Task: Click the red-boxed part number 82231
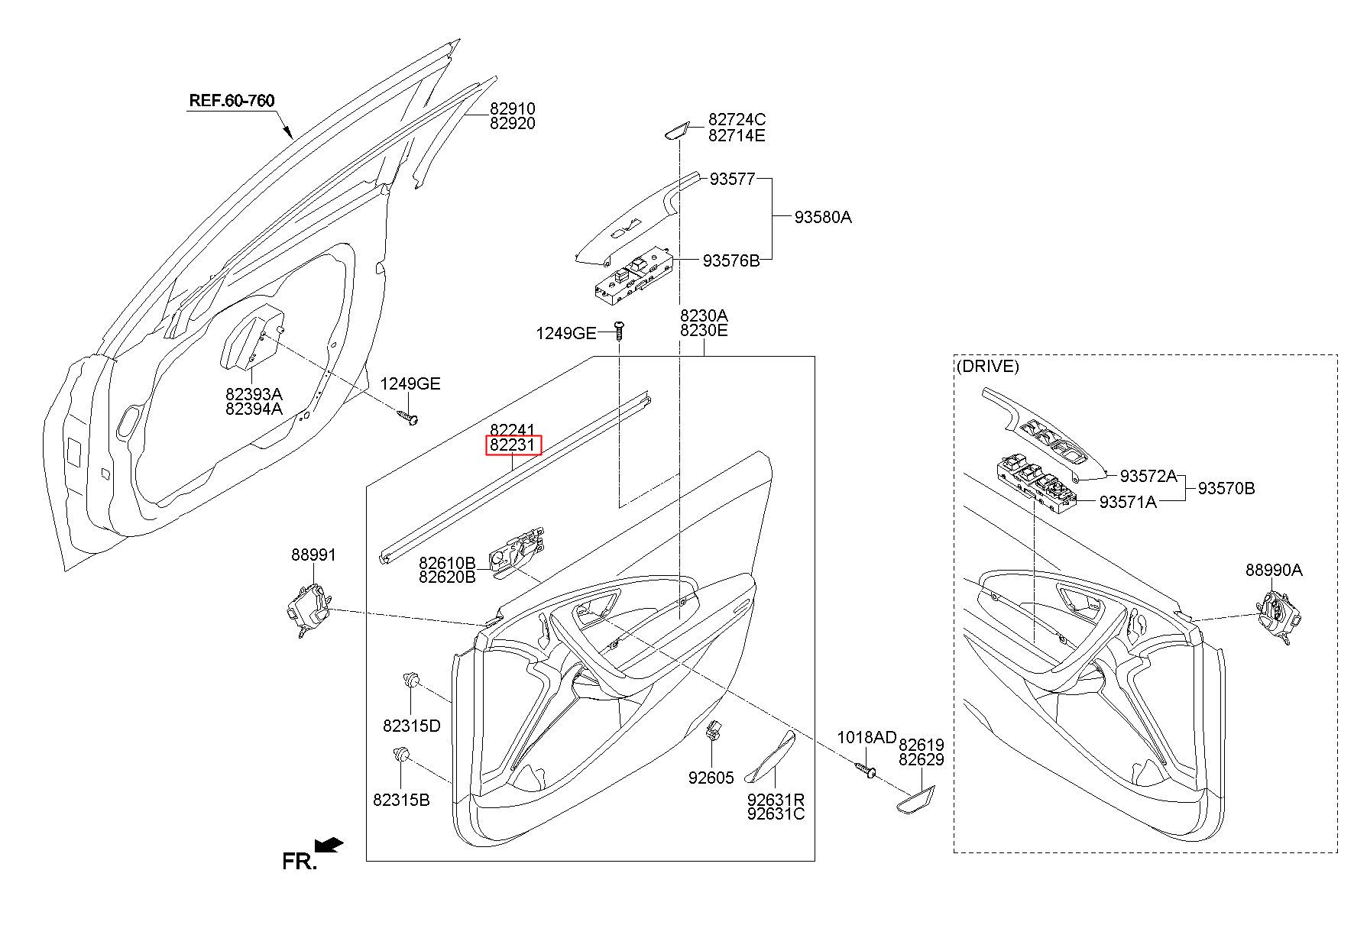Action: tap(513, 445)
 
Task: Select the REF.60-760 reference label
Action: tap(232, 100)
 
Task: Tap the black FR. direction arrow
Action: tap(329, 845)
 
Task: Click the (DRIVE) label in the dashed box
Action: tap(987, 366)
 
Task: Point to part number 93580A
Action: tap(823, 217)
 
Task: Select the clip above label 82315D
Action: tap(412, 678)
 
